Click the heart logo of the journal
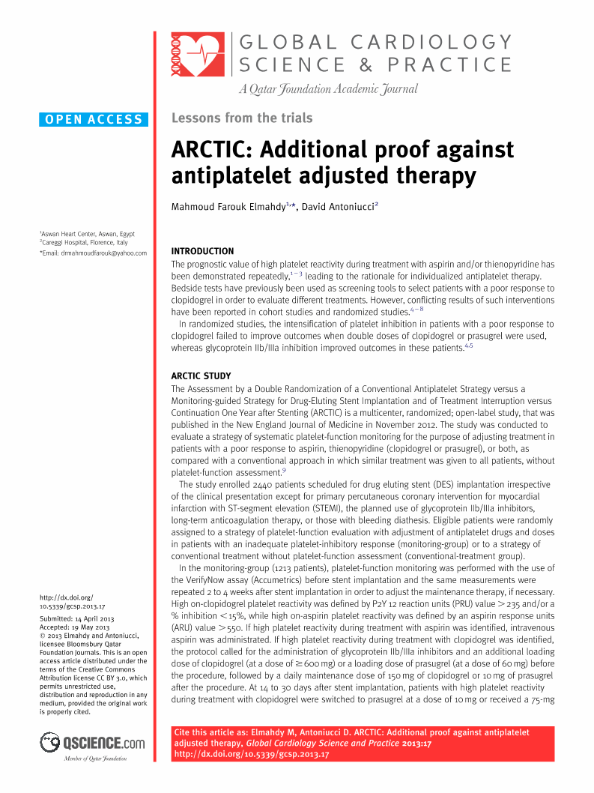coord(198,55)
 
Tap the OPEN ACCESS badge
coord(94,119)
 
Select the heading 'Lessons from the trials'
coord(242,118)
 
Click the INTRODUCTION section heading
coord(202,251)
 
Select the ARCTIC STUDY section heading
coord(201,376)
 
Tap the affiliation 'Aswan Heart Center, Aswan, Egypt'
coord(88,234)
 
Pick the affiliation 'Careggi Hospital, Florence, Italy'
coord(84,243)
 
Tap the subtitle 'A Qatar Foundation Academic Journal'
coord(328,90)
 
